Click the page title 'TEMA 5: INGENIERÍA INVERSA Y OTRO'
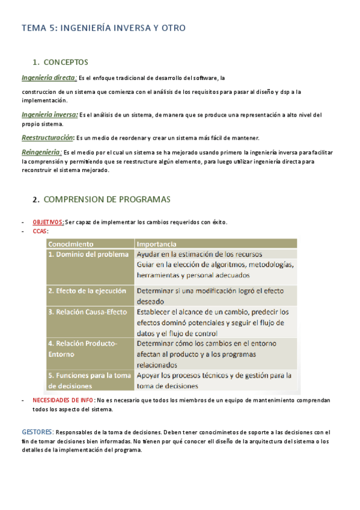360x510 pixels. pos(103,28)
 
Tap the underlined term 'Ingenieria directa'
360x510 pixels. pos(48,78)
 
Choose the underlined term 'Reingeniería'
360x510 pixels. pos(40,152)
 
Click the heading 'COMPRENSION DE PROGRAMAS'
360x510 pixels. pos(107,199)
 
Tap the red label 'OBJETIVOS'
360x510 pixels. pos(48,222)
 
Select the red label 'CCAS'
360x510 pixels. pos(40,231)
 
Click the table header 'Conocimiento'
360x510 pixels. pos(71,244)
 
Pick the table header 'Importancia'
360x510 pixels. pos(156,244)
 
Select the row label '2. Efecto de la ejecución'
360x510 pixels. pos(88,290)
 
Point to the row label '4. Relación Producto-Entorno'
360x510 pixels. pos(83,349)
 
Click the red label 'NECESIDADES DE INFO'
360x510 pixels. pos(63,400)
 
